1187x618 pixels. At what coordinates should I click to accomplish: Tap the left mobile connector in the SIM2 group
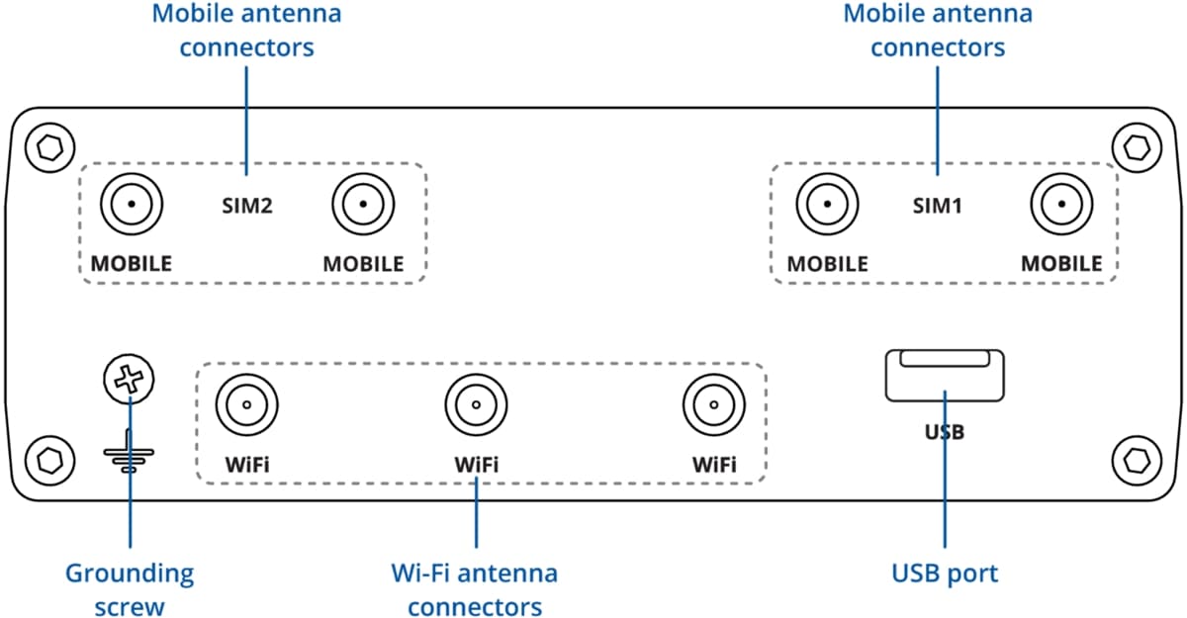click(x=131, y=206)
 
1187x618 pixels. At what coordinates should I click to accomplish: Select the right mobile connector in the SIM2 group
click(x=363, y=206)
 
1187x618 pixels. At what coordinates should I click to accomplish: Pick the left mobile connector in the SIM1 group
click(x=827, y=206)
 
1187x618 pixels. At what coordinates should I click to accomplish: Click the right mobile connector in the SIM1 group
click(x=1060, y=206)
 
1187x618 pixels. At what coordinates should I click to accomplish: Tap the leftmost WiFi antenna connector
click(x=246, y=404)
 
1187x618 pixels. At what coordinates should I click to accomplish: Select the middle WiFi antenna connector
click(x=476, y=404)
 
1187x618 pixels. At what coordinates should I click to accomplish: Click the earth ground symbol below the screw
click(x=129, y=453)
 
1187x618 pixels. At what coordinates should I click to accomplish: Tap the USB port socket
click(x=945, y=376)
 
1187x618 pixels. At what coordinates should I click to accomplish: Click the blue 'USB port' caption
click(x=945, y=573)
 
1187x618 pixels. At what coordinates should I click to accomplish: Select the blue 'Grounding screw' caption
click(x=130, y=589)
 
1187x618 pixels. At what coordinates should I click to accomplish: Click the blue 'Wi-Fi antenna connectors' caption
click(x=475, y=589)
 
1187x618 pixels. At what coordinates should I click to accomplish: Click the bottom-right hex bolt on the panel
click(x=1138, y=460)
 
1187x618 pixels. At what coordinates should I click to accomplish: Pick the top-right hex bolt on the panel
click(x=1138, y=148)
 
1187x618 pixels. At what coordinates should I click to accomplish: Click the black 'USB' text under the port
click(x=945, y=432)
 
